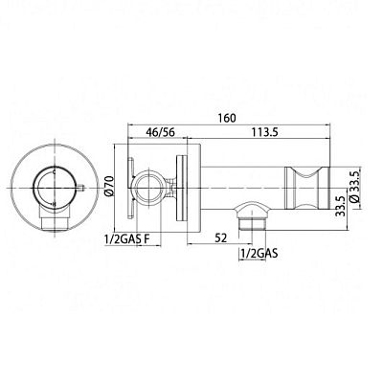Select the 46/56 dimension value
pyautogui.click(x=161, y=132)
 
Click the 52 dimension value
pyautogui.click(x=220, y=237)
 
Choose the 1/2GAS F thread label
pyautogui.click(x=127, y=239)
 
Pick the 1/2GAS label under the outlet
pyautogui.click(x=259, y=254)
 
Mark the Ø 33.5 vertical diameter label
pyautogui.click(x=355, y=186)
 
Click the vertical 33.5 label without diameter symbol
pyautogui.click(x=341, y=207)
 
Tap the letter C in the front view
pyautogui.click(x=55, y=171)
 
